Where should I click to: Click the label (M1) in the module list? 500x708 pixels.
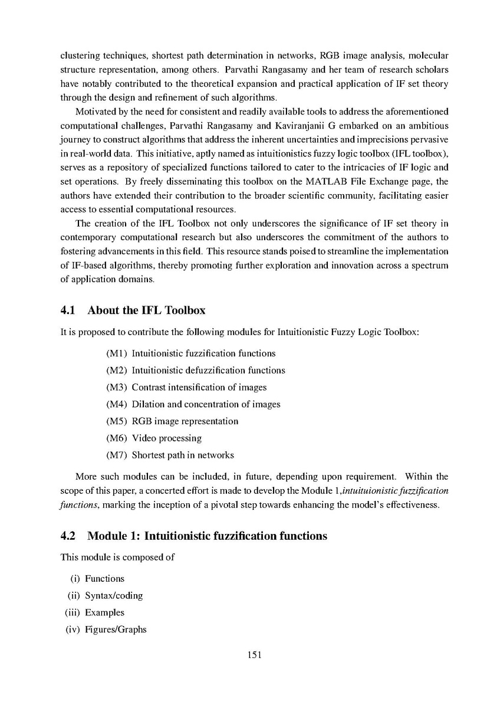point(116,353)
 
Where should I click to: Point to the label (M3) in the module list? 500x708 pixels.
point(116,388)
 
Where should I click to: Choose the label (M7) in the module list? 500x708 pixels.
point(116,455)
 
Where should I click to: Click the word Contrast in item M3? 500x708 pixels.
point(149,388)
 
